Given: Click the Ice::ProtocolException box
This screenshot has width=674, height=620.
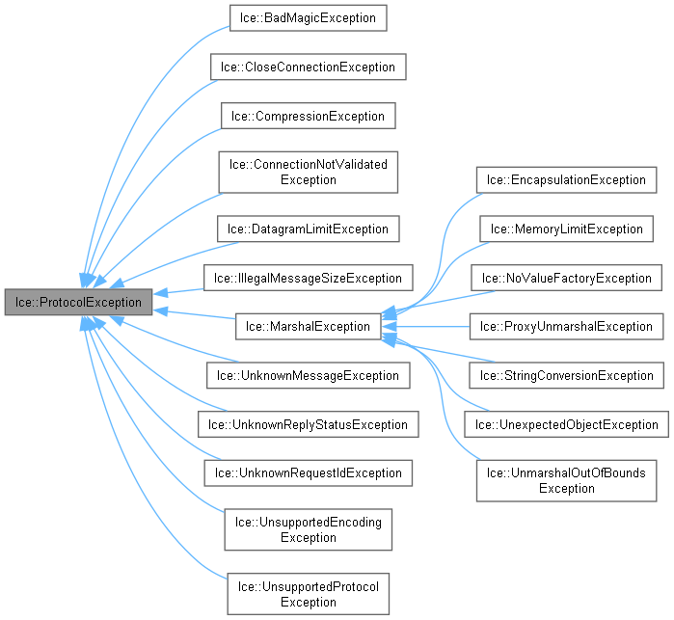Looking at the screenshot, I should click(x=78, y=302).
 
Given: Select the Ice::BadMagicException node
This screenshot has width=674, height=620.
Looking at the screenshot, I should click(x=308, y=18).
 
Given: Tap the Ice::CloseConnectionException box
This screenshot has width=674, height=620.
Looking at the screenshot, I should click(x=308, y=67).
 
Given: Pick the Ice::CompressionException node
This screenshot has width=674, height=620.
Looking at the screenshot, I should click(x=308, y=116).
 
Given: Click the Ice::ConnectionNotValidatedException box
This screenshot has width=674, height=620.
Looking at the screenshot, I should click(x=308, y=172).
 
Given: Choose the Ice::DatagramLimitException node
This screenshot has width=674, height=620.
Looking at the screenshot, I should click(x=308, y=229).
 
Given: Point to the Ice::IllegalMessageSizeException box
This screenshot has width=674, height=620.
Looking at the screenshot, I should click(x=308, y=278).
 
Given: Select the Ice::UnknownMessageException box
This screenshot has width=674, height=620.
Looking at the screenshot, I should click(x=308, y=375).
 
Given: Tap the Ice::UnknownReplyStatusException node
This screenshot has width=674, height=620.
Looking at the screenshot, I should click(x=308, y=423).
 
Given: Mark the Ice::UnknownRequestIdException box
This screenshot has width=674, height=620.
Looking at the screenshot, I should click(x=308, y=472).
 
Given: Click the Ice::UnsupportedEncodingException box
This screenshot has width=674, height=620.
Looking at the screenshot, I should click(x=308, y=529).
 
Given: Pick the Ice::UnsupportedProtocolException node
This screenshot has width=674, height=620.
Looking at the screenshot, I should click(x=308, y=594).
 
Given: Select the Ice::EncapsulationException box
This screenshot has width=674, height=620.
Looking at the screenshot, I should click(x=566, y=179).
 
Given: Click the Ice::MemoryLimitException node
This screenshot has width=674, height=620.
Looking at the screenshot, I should click(x=566, y=229).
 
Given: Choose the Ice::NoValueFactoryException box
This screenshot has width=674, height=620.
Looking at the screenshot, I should click(x=566, y=278).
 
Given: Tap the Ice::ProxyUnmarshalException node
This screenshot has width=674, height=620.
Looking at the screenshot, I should click(x=566, y=326).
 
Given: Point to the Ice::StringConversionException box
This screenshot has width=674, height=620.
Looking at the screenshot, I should click(x=566, y=375).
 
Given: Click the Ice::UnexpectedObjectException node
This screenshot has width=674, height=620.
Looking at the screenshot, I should click(x=566, y=423).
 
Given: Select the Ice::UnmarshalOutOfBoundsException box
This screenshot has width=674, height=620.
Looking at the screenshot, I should click(x=566, y=480).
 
